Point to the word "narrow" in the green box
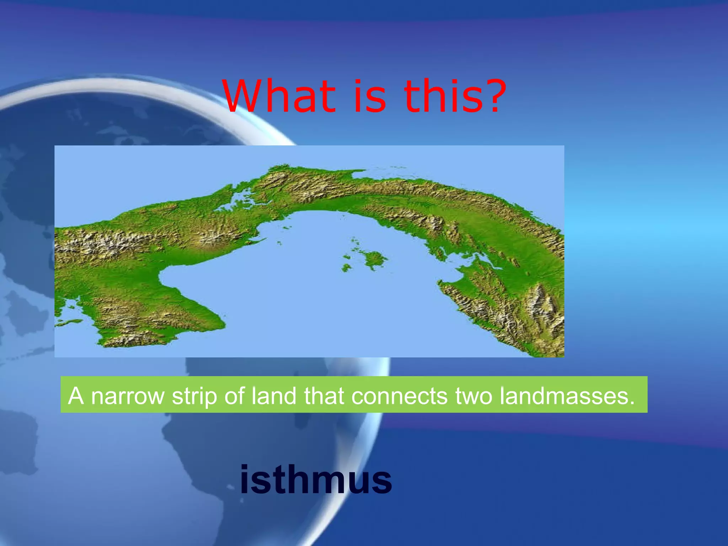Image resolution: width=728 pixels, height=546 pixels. (128, 396)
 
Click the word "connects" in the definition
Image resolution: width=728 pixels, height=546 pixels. (399, 396)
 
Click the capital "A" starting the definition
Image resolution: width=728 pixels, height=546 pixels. (76, 395)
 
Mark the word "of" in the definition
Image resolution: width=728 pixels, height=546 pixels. (234, 395)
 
